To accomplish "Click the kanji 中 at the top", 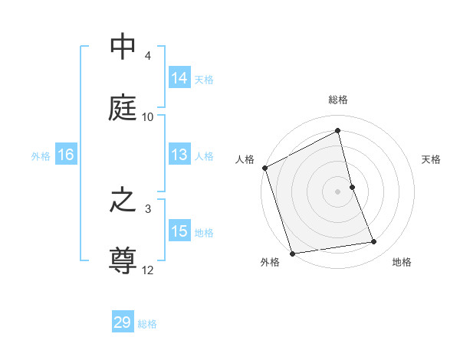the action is point(123,47).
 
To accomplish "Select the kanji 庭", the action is point(123,107).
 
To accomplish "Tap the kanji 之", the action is point(123,201).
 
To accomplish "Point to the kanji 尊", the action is point(123,260).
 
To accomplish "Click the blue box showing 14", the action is point(179,78).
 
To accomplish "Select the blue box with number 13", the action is point(179,155).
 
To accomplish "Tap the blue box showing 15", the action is point(179,231).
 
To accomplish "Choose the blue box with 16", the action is point(66,155).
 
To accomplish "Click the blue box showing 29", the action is point(123,322).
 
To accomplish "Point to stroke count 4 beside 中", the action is point(148,56).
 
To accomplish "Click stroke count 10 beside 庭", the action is point(148,116).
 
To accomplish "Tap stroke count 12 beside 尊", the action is point(148,270).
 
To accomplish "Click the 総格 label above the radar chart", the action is point(338,100).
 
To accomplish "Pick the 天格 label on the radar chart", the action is point(431,159).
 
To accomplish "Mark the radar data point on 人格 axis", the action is point(264,168).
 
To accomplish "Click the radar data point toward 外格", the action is point(292,253).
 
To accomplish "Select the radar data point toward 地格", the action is point(374,242).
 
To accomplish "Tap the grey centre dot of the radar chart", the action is point(338,191).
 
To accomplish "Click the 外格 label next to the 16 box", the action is point(41,155).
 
